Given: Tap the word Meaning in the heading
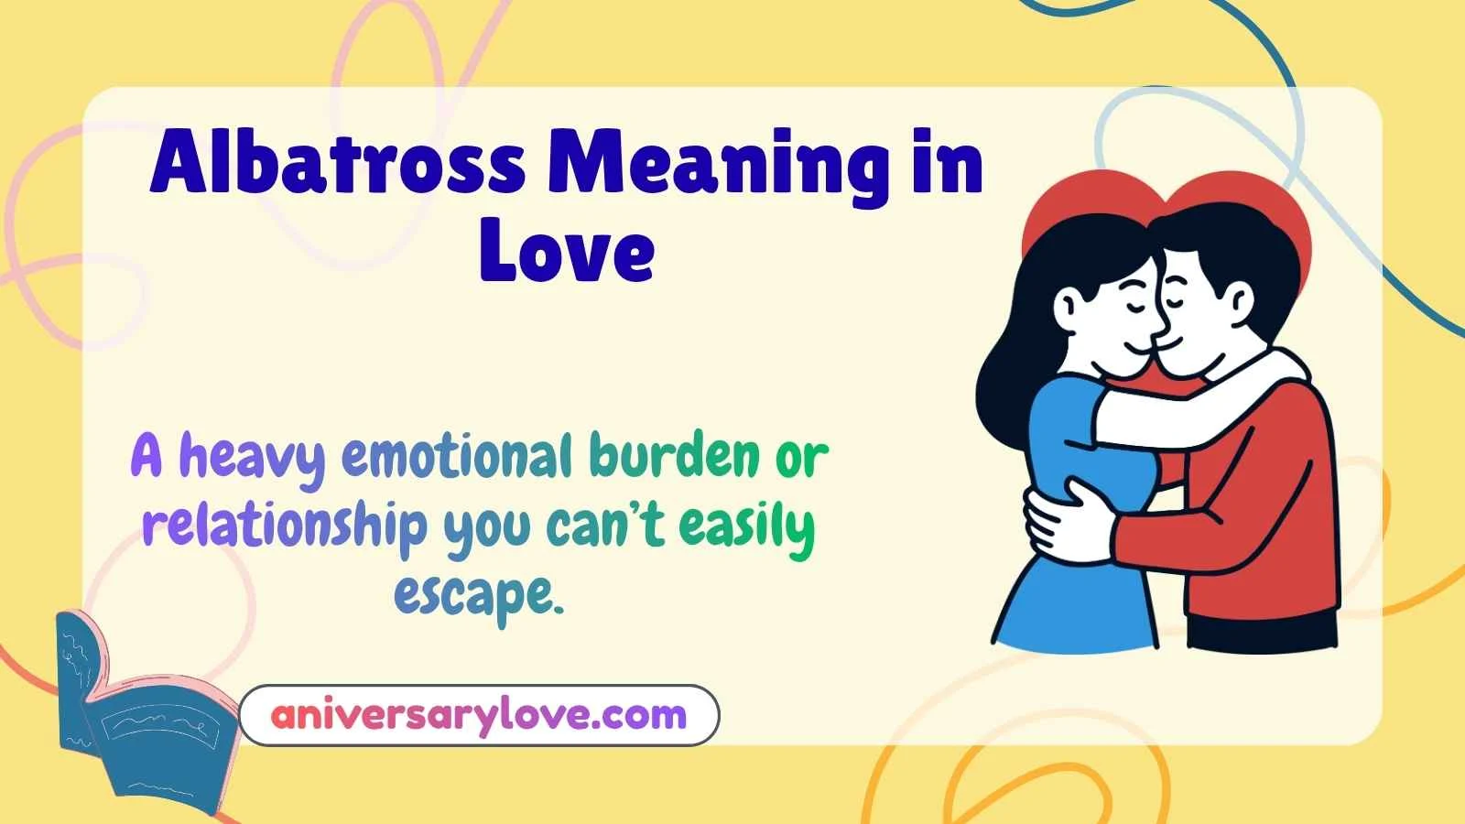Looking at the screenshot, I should point(718,167).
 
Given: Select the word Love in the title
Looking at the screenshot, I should point(567,249).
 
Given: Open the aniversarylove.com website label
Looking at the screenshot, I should point(479,715).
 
